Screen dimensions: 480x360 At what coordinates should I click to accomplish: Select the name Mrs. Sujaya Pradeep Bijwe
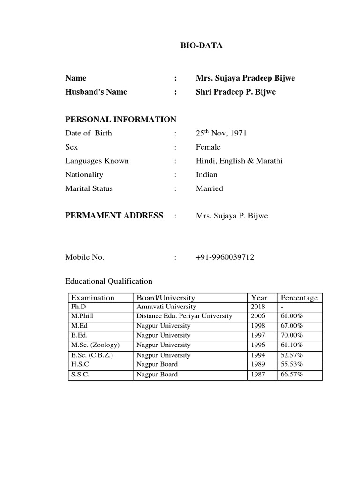(245, 78)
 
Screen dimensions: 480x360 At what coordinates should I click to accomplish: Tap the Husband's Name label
(96, 92)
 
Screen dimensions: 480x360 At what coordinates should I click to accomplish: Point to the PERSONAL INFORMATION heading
(120, 120)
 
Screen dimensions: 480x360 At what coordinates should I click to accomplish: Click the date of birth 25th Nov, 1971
(221, 133)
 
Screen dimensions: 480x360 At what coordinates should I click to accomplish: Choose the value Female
(208, 147)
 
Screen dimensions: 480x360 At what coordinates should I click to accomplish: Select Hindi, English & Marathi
(239, 161)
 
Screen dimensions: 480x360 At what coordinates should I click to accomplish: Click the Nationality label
(84, 175)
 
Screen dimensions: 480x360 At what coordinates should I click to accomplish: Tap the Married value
(209, 188)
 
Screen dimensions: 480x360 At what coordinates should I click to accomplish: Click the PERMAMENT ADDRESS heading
(114, 216)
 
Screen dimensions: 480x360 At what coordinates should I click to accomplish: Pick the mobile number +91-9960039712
(225, 257)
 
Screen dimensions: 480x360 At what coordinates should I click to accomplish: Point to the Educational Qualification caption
(109, 281)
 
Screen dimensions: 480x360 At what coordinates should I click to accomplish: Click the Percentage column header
(299, 298)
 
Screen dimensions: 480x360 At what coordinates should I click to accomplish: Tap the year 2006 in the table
(258, 316)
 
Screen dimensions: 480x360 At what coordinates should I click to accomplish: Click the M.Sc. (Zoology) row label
(96, 345)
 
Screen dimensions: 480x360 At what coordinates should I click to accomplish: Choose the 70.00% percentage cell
(292, 336)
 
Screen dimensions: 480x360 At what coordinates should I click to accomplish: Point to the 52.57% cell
(292, 355)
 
